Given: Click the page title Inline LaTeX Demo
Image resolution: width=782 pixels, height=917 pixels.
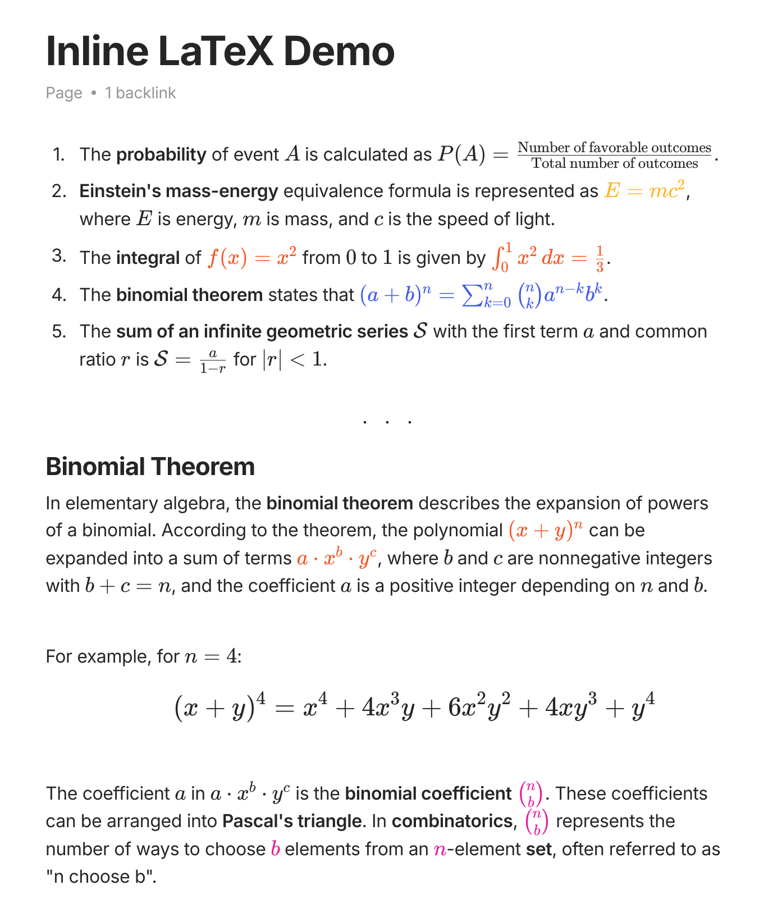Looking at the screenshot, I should [x=220, y=51].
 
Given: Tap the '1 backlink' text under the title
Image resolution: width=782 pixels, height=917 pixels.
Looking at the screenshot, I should [x=140, y=93].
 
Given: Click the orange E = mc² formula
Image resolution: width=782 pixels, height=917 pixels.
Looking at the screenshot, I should [x=645, y=191].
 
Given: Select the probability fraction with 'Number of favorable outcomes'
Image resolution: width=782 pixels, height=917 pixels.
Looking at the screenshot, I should [x=614, y=155].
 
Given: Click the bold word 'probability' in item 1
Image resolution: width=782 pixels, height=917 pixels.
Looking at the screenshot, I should [x=161, y=155].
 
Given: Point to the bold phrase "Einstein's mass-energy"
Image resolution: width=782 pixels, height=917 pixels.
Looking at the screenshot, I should [x=179, y=191].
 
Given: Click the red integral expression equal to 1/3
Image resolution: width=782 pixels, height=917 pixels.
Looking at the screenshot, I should [x=549, y=258].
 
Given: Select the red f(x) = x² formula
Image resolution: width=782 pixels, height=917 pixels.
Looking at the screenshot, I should [x=252, y=258].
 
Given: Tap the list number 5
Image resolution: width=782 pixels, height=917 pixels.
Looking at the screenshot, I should [x=59, y=331].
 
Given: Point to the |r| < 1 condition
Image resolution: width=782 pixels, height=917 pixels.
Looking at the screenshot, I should [x=294, y=359].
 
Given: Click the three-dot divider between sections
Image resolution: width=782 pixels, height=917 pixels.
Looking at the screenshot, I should [x=387, y=421].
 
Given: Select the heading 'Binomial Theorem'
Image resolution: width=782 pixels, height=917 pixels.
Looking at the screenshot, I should [x=150, y=467].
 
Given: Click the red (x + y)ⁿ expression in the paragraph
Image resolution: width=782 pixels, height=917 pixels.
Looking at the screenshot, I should [x=546, y=530].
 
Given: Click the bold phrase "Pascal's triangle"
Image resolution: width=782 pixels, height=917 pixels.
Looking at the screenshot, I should [x=292, y=822].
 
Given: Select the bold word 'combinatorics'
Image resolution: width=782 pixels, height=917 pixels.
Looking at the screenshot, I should [x=452, y=822].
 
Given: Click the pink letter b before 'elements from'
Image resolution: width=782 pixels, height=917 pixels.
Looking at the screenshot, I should [x=275, y=849].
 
